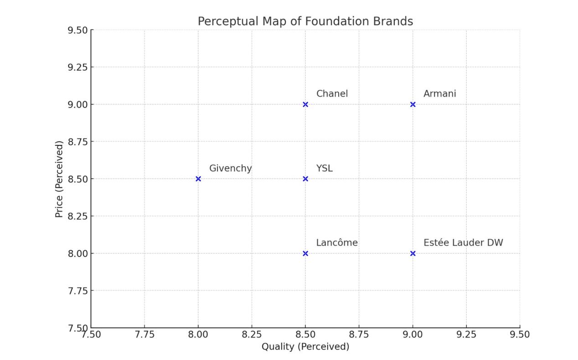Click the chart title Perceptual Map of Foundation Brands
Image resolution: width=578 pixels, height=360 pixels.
[305, 21]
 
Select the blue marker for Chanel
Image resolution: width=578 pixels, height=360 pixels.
[305, 104]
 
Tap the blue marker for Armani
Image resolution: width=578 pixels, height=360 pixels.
[413, 104]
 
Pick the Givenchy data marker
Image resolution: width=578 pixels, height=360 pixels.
[198, 179]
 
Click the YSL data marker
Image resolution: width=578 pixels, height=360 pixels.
[305, 179]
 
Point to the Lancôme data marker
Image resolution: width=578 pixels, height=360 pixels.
[305, 253]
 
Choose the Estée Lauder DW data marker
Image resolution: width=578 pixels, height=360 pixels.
[413, 253]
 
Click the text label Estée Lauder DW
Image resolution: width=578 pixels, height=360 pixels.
[463, 243]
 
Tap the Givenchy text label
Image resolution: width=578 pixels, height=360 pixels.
[230, 168]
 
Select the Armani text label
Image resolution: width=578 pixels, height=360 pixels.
[439, 94]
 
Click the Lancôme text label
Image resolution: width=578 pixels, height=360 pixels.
[337, 243]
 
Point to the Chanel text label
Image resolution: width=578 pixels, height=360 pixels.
[332, 94]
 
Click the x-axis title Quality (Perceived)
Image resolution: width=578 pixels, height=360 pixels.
[305, 347]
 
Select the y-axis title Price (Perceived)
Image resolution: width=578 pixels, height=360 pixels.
[59, 179]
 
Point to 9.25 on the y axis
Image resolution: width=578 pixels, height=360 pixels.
[77, 67]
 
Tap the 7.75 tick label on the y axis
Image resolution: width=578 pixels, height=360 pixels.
[77, 291]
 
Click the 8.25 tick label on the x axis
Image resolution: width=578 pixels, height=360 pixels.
[252, 334]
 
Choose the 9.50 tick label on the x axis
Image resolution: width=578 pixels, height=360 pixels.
[520, 334]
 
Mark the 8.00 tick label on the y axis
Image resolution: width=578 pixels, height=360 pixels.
[77, 253]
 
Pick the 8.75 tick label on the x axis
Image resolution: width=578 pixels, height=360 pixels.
[359, 334]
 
